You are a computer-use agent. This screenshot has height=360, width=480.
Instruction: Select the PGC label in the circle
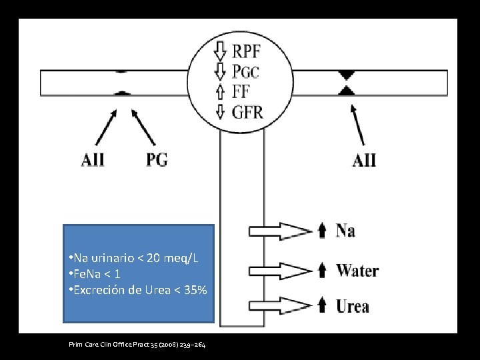(x=246, y=71)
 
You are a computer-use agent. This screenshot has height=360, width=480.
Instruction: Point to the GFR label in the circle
(x=247, y=111)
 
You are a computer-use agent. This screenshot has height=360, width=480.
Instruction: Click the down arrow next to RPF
(x=221, y=50)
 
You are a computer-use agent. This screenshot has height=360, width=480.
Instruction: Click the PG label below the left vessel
(x=157, y=159)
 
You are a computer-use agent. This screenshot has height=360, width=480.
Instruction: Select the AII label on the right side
(x=364, y=160)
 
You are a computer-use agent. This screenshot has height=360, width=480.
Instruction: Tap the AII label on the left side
(x=93, y=160)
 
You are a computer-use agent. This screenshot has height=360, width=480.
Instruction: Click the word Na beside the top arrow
(x=345, y=231)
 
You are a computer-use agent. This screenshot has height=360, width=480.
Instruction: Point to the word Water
(x=357, y=270)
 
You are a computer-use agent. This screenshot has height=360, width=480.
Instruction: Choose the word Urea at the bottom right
(x=353, y=307)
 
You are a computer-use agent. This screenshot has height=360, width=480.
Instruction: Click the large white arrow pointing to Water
(x=280, y=270)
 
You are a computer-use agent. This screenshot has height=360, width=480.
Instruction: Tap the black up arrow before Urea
(x=322, y=306)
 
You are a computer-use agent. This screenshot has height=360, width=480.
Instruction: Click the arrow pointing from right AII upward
(x=358, y=125)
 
